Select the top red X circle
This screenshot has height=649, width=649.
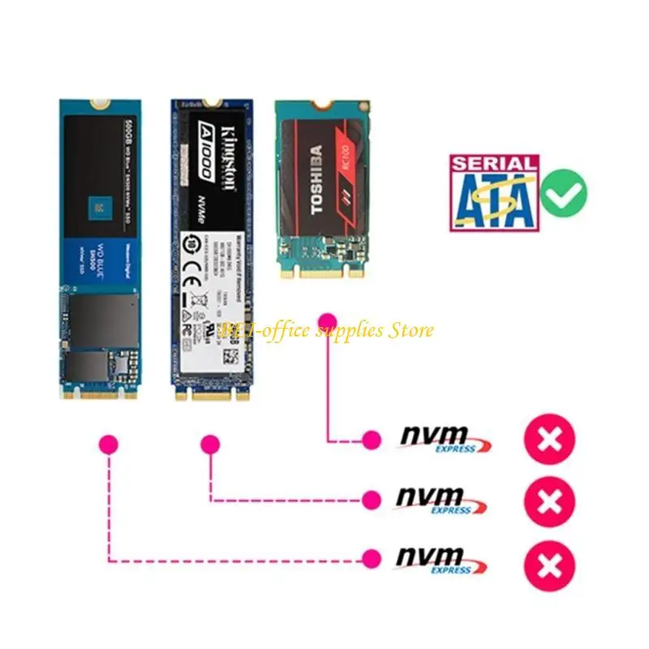[549, 441]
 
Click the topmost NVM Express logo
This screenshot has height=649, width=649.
[445, 439]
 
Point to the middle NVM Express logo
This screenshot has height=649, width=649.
[441, 500]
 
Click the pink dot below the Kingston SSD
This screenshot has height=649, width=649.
[211, 444]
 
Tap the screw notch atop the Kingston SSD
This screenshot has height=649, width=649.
[213, 104]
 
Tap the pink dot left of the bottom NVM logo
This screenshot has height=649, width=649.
[372, 558]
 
